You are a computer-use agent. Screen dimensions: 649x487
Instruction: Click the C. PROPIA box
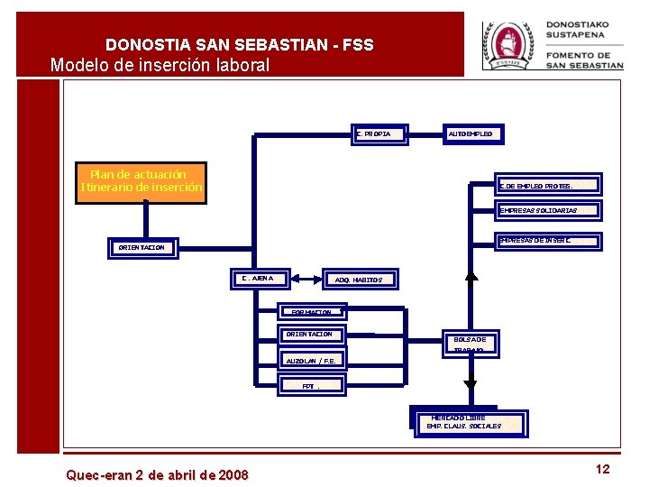pyautogui.click(x=379, y=134)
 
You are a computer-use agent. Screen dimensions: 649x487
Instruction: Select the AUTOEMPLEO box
pyautogui.click(x=471, y=134)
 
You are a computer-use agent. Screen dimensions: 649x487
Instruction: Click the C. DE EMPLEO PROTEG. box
pyautogui.click(x=548, y=186)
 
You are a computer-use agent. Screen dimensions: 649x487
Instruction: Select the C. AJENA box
pyautogui.click(x=259, y=278)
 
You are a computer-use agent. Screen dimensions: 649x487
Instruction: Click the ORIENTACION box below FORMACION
pyautogui.click(x=310, y=335)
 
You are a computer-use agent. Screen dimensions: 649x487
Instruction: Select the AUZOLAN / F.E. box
pyautogui.click(x=310, y=361)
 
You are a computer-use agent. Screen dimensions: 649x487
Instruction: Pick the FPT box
pyautogui.click(x=310, y=386)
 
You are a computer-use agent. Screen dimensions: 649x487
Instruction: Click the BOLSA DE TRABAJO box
pyautogui.click(x=470, y=342)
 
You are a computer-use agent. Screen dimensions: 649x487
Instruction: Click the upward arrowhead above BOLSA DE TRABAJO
pyautogui.click(x=471, y=276)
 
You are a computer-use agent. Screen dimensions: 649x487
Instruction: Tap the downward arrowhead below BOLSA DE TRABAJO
pyautogui.click(x=470, y=385)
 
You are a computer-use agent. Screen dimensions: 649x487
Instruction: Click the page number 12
pyautogui.click(x=602, y=469)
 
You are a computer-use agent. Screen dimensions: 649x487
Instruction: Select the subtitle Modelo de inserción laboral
pyautogui.click(x=160, y=65)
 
